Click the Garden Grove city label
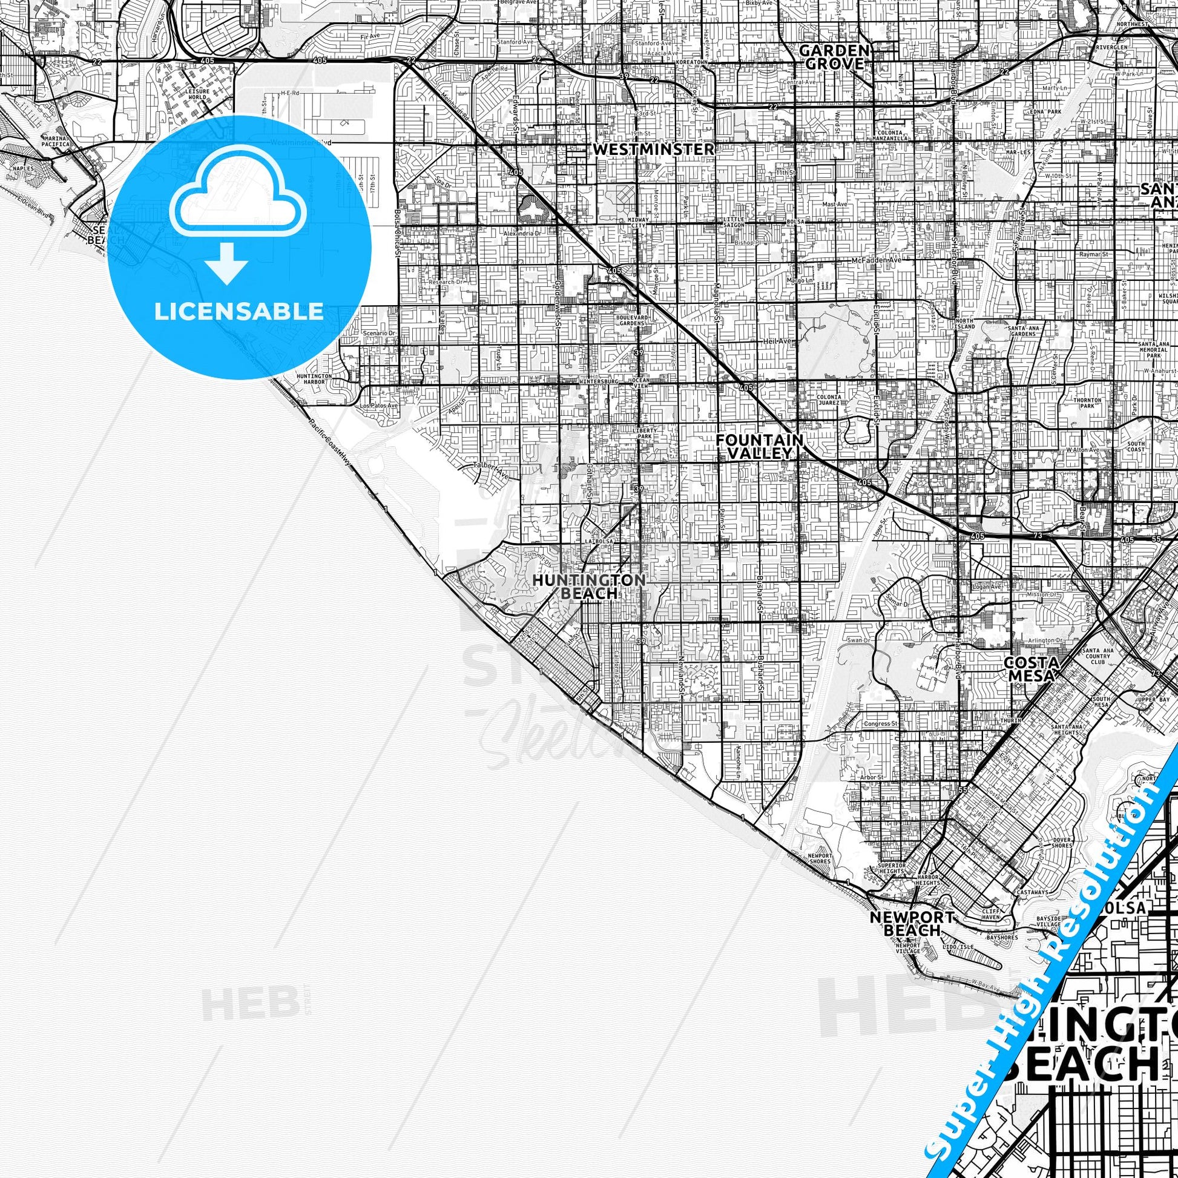tap(834, 57)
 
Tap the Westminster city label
tap(653, 149)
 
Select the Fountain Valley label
tap(760, 446)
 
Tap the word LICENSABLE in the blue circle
tap(239, 312)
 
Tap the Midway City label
tap(638, 223)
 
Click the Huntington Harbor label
tap(315, 380)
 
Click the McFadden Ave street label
tap(876, 260)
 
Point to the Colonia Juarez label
tap(829, 400)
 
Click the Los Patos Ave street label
tap(379, 406)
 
